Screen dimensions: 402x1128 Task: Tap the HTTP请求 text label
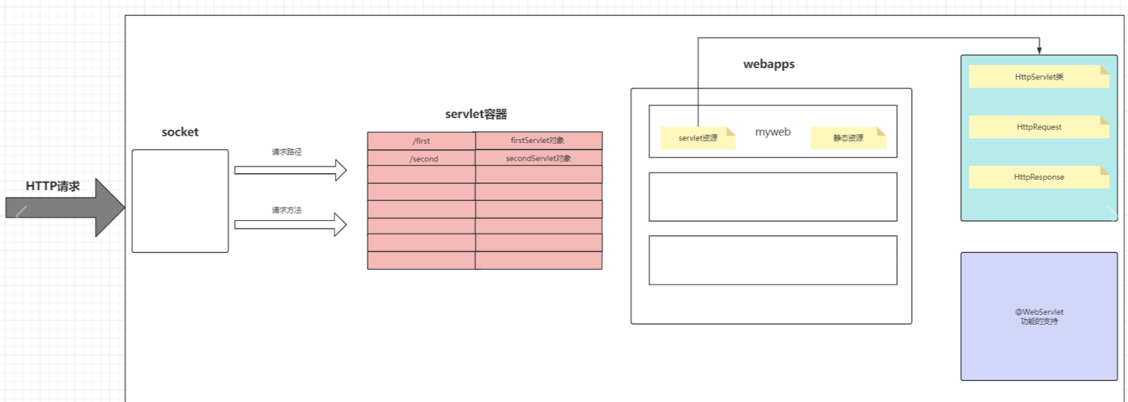pyautogui.click(x=52, y=186)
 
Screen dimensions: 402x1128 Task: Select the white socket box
pyautogui.click(x=180, y=201)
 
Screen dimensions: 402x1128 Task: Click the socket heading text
pyautogui.click(x=180, y=132)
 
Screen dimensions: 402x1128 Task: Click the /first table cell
pyautogui.click(x=421, y=141)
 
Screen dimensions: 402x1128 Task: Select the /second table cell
pyautogui.click(x=424, y=159)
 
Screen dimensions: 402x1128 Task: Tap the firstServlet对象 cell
pyautogui.click(x=538, y=140)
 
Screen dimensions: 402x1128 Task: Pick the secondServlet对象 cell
pyautogui.click(x=538, y=158)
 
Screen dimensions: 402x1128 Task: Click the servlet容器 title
pyautogui.click(x=475, y=114)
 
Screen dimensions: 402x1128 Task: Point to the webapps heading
pyautogui.click(x=769, y=64)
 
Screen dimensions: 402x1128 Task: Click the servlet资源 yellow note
pyautogui.click(x=698, y=138)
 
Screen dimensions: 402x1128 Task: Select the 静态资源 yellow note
pyautogui.click(x=848, y=138)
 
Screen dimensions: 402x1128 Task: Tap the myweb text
pyautogui.click(x=773, y=132)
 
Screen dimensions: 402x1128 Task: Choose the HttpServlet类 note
pyautogui.click(x=1039, y=77)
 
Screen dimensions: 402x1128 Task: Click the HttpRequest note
pyautogui.click(x=1039, y=127)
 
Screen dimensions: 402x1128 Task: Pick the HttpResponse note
pyautogui.click(x=1039, y=177)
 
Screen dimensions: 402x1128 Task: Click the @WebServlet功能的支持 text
pyautogui.click(x=1039, y=317)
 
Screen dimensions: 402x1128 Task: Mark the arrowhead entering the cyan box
pyautogui.click(x=1039, y=50)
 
